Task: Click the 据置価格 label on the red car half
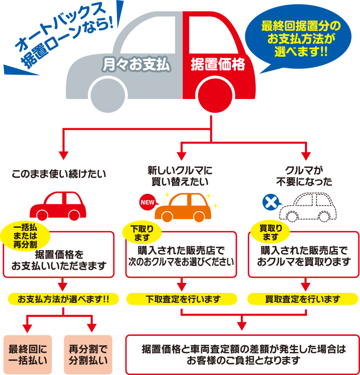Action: pos(218,65)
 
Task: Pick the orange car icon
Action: pos(183,207)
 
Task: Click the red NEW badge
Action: pos(146,202)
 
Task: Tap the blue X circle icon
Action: pos(272,202)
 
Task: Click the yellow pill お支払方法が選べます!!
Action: pos(63,299)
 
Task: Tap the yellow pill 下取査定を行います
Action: pos(183,299)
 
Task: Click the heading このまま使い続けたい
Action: pos(59,173)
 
